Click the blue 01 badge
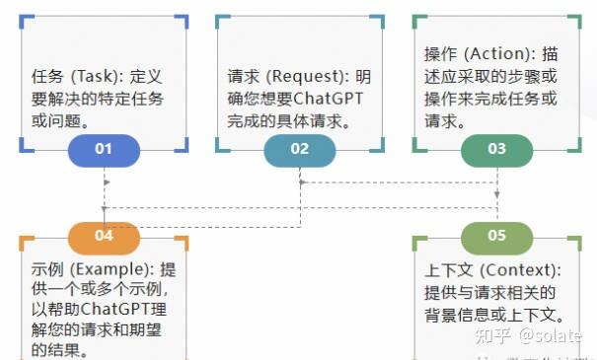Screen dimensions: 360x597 click(104, 150)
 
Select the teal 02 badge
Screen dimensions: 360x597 click(300, 150)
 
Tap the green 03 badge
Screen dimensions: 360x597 click(496, 150)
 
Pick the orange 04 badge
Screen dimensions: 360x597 click(104, 236)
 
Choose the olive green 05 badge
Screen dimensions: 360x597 click(496, 236)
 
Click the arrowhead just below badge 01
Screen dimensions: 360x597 click(104, 182)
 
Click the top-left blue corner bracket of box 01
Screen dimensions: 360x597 click(25, 20)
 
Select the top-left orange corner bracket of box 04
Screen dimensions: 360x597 click(25, 242)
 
